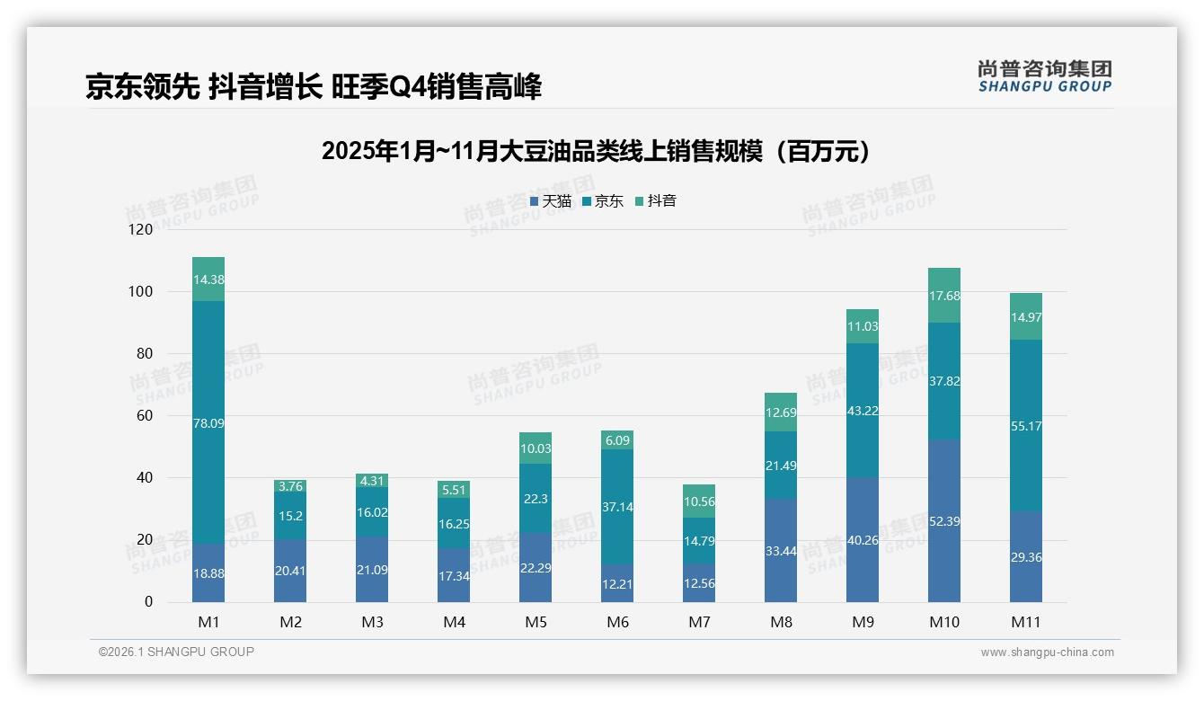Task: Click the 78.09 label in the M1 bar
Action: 208,422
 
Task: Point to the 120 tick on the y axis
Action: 141,229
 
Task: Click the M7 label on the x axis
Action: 699,622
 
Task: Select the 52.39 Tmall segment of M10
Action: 943,521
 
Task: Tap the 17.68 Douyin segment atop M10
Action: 943,296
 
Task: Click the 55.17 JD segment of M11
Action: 1025,426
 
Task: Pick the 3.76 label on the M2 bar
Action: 290,486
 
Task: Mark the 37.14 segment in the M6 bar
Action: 617,507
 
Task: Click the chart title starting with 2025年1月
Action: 596,151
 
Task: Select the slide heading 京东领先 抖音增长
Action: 314,87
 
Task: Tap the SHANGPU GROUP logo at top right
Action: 1044,76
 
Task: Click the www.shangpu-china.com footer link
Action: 1047,652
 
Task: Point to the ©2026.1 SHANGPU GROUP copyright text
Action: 176,652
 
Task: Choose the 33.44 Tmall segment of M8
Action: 780,550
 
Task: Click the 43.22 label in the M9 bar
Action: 862,411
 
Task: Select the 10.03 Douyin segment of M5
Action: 536,448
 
